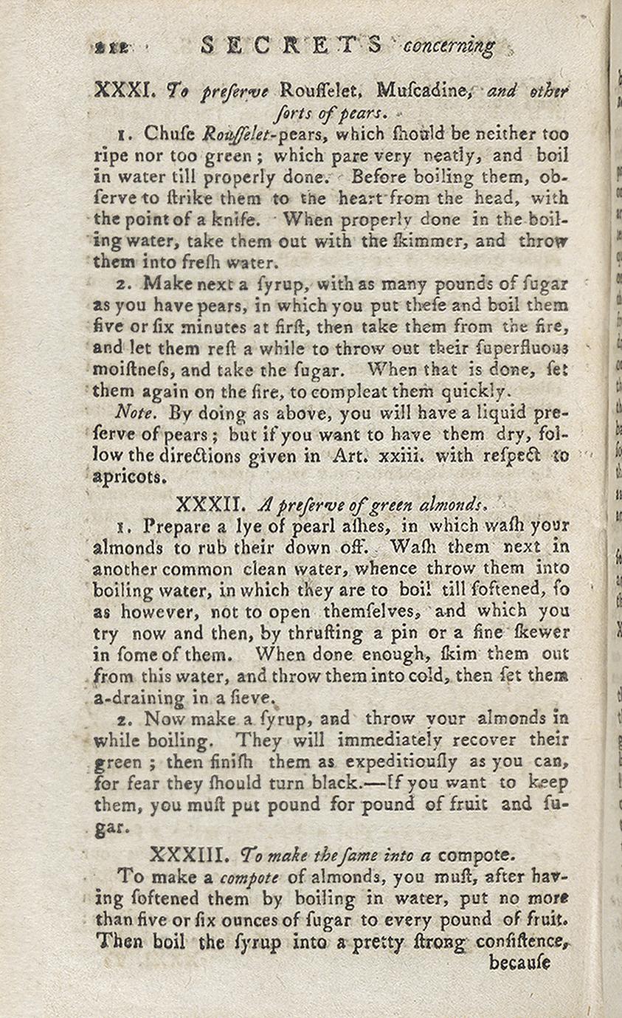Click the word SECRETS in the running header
(x=291, y=46)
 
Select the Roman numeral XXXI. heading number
(x=123, y=91)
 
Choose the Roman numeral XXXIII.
(x=191, y=854)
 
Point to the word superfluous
(x=527, y=347)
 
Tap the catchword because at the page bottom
(x=519, y=963)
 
